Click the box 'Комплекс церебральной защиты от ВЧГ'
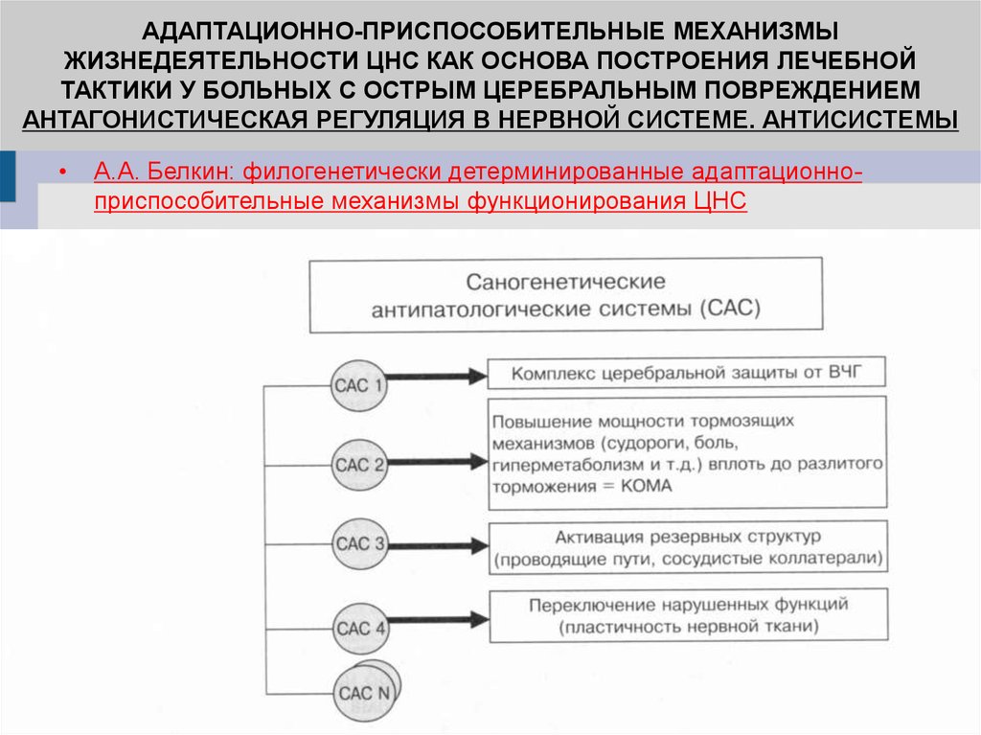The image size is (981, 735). coord(687,373)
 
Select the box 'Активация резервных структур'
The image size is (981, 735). coord(687,547)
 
